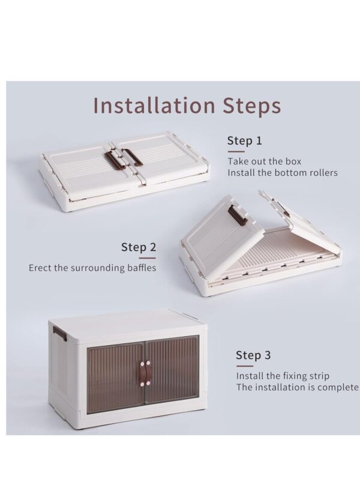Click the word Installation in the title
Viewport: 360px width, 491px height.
154,106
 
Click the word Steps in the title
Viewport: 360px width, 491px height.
251,106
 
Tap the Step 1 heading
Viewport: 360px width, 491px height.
244,140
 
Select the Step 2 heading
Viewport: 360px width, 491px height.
139,247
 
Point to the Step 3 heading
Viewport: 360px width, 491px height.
253,355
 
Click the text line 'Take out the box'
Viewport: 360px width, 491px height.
264,161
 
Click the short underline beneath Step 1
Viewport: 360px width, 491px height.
236,151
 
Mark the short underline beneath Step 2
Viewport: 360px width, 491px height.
147,258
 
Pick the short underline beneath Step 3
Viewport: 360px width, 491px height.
244,366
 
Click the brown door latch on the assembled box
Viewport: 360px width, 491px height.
145,373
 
